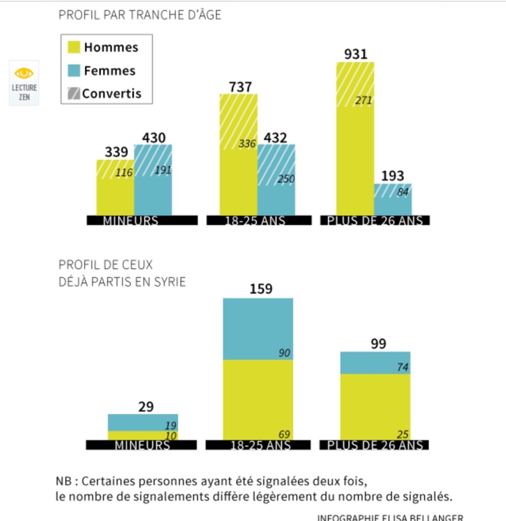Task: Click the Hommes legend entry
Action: point(104,47)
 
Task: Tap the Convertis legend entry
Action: point(105,94)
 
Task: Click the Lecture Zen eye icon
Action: point(23,73)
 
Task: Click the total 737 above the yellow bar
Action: point(240,87)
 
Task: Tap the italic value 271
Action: point(363,100)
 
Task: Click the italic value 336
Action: point(247,143)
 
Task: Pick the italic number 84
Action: point(403,193)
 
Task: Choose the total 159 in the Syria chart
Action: point(261,289)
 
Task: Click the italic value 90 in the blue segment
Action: point(285,353)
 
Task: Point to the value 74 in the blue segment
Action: point(403,367)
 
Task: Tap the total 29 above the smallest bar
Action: point(146,407)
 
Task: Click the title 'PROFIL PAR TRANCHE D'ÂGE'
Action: point(140,15)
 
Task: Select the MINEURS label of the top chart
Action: point(130,221)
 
